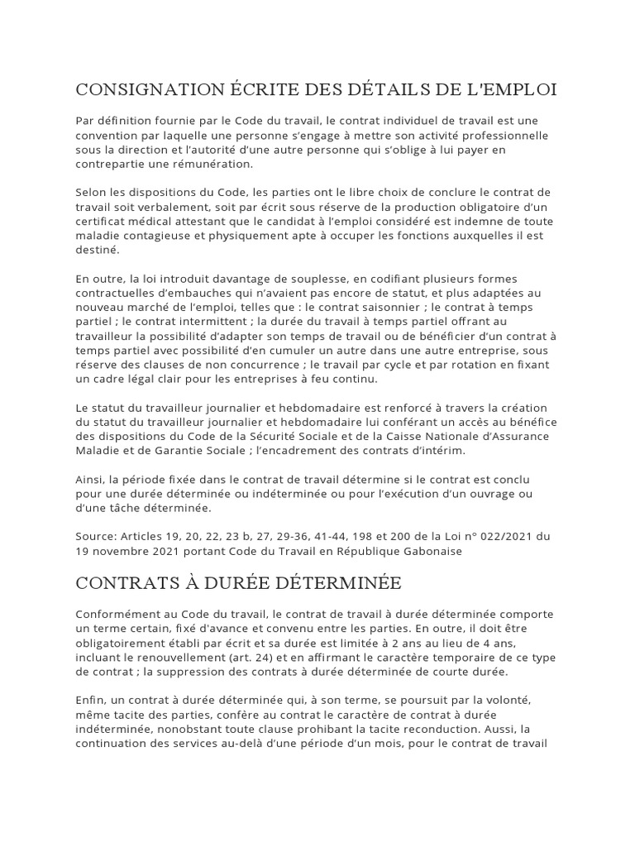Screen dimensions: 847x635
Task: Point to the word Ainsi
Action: point(90,481)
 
